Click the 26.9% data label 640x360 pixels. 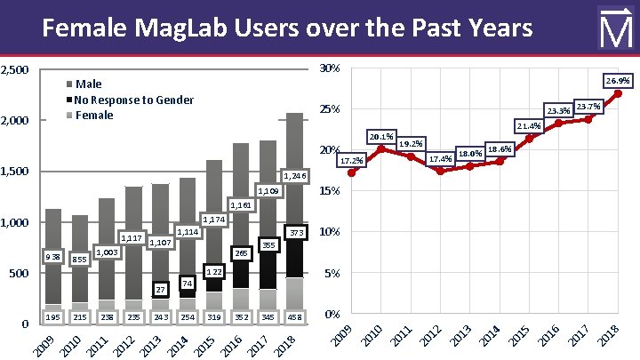pyautogui.click(x=618, y=81)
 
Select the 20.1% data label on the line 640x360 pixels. pyautogui.click(x=381, y=136)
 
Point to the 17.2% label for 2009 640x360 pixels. pyautogui.click(x=352, y=161)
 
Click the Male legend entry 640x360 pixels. pyautogui.click(x=88, y=84)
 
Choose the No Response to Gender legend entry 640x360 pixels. pyautogui.click(x=133, y=100)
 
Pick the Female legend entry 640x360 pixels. pyautogui.click(x=93, y=115)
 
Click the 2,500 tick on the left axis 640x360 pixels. pyautogui.click(x=16, y=69)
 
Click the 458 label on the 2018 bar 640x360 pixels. pyautogui.click(x=294, y=317)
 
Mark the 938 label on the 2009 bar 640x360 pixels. pyautogui.click(x=52, y=257)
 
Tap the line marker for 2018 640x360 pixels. pyautogui.click(x=618, y=93)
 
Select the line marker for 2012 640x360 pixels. pyautogui.click(x=440, y=171)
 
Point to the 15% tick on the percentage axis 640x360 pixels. pyautogui.click(x=329, y=191)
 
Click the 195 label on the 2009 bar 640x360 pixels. pyautogui.click(x=52, y=317)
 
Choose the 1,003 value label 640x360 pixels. pyautogui.click(x=107, y=252)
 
